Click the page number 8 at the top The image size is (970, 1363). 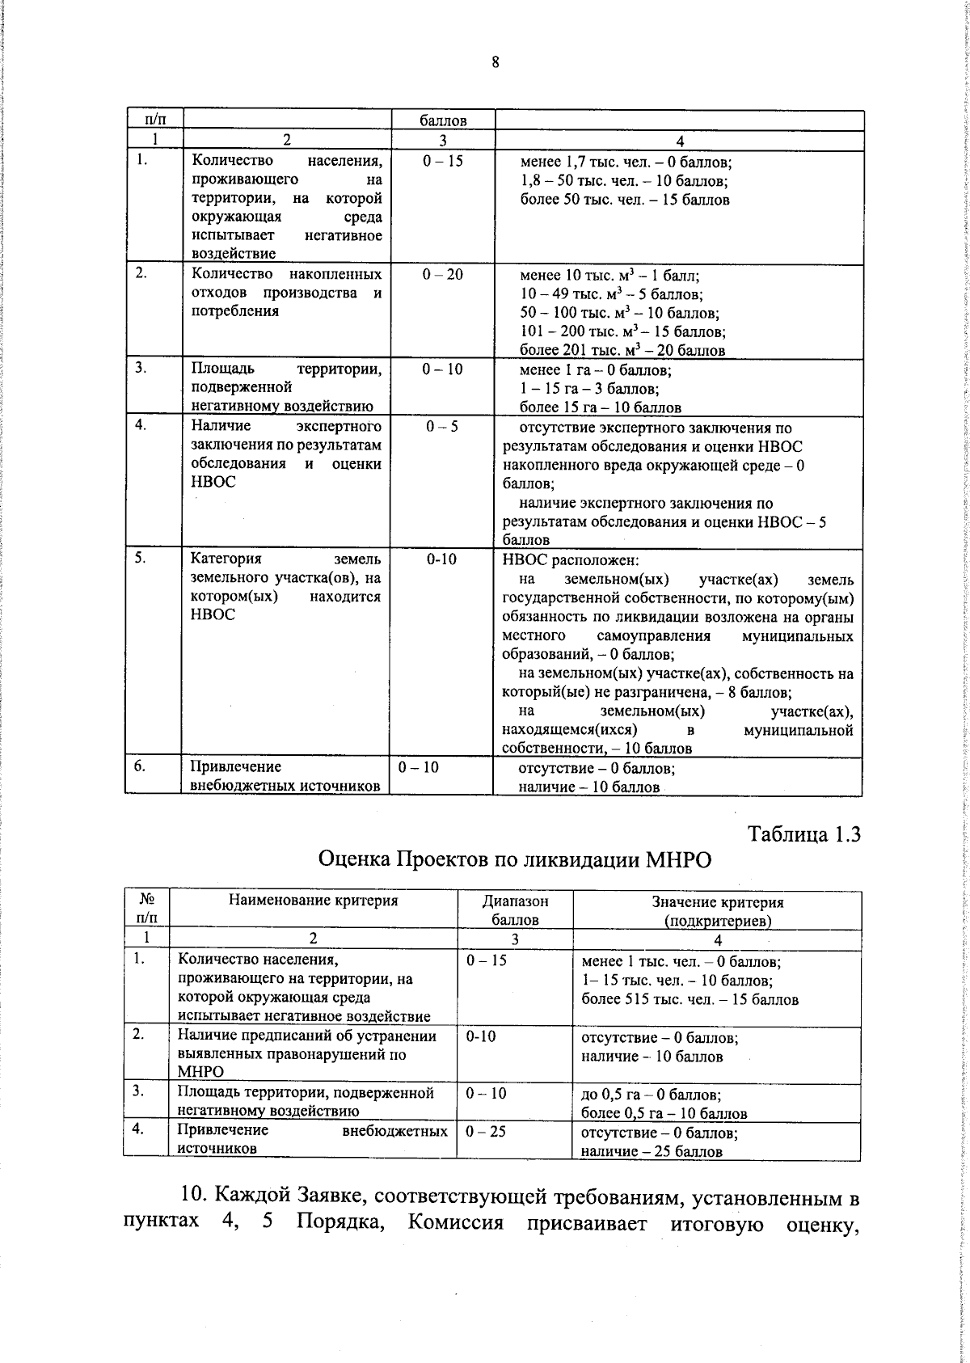pos(495,62)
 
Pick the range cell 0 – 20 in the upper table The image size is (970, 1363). pos(442,275)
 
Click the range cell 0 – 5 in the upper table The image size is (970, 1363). pos(442,427)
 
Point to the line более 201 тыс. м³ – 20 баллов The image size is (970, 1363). pos(622,350)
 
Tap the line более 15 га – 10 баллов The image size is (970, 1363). pos(600,407)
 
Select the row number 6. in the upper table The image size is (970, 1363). pos(140,766)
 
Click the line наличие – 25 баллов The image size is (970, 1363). pos(652,1151)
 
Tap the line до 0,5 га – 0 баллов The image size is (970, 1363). pos(651,1095)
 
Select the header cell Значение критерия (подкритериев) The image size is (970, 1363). pos(717,910)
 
